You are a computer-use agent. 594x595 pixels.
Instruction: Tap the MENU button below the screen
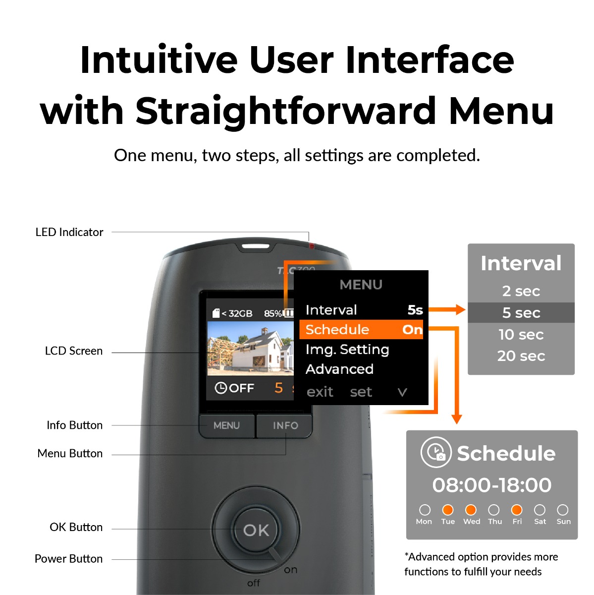click(227, 426)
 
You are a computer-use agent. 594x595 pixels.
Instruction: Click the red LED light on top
click(312, 246)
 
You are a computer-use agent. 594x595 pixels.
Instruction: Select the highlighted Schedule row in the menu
click(361, 330)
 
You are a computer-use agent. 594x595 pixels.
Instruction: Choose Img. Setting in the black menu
click(347, 350)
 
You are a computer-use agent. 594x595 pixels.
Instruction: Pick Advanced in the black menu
click(339, 369)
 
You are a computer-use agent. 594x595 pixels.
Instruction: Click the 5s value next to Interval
click(415, 310)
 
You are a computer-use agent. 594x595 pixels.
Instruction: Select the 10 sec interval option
click(521, 334)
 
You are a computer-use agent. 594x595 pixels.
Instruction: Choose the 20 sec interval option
click(521, 356)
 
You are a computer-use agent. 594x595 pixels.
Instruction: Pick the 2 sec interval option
click(521, 291)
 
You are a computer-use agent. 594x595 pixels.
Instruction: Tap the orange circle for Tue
click(448, 510)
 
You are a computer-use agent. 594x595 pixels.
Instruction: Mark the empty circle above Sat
click(540, 510)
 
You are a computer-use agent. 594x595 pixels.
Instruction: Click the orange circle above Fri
click(517, 510)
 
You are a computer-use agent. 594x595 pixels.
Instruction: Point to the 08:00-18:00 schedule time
click(492, 485)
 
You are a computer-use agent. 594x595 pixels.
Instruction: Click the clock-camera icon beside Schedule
click(436, 452)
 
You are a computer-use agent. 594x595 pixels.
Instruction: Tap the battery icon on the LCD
click(288, 313)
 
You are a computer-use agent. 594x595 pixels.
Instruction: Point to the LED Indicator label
click(69, 232)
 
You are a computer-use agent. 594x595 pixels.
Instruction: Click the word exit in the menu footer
click(320, 392)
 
